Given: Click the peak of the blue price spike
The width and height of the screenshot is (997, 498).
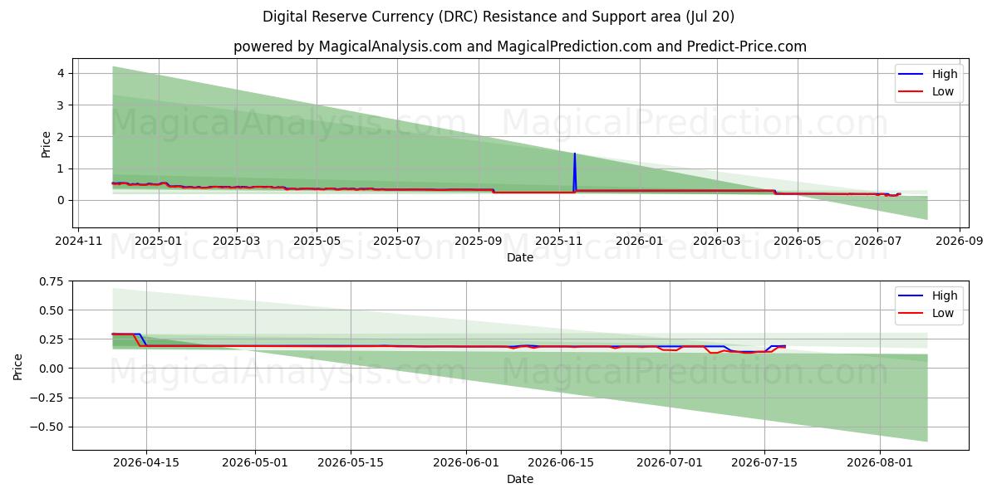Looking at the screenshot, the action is (x=575, y=154).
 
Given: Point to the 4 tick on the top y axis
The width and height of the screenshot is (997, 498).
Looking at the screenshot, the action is (x=61, y=73).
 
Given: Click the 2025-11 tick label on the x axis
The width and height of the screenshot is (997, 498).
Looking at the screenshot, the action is (x=559, y=241).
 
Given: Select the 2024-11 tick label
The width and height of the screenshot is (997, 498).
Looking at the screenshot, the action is (x=79, y=241).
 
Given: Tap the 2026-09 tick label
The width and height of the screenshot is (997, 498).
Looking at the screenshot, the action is (x=959, y=241).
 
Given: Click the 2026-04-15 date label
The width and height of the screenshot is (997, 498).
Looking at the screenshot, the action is (x=146, y=463).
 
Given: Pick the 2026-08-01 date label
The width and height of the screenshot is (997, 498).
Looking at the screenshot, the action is (x=880, y=463).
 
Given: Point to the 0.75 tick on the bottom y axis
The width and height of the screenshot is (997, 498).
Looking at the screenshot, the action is (x=52, y=281).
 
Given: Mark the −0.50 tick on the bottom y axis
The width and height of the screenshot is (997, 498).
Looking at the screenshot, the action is (x=47, y=427).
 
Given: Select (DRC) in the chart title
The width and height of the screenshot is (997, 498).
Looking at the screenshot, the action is (x=459, y=17).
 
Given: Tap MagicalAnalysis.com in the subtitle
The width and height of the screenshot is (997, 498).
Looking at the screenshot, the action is (x=390, y=46).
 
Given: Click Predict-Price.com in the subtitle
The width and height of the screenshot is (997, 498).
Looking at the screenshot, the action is (x=746, y=46).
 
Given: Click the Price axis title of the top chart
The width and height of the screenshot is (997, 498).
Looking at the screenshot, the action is (x=46, y=144).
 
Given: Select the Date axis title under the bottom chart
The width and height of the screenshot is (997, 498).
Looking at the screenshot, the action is (x=520, y=480).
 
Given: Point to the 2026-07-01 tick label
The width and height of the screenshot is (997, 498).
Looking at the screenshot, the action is (x=670, y=463).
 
